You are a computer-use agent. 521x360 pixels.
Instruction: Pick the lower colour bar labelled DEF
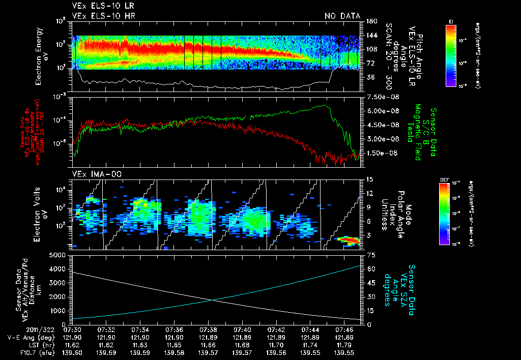point(444,214)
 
